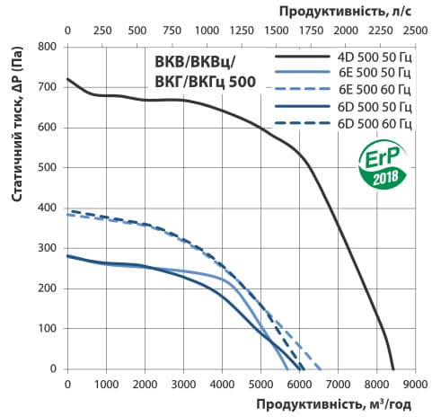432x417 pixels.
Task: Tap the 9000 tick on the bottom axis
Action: tap(415, 384)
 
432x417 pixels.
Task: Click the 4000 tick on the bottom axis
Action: tap(222, 384)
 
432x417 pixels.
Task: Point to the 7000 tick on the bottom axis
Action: tap(338, 384)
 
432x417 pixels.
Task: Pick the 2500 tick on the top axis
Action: tap(415, 31)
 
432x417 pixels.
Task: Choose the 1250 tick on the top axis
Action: tap(242, 31)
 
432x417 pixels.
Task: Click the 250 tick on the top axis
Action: tap(102, 31)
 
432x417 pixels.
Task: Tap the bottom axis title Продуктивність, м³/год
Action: tap(328, 405)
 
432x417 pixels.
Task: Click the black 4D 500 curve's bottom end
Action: tap(393, 368)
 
